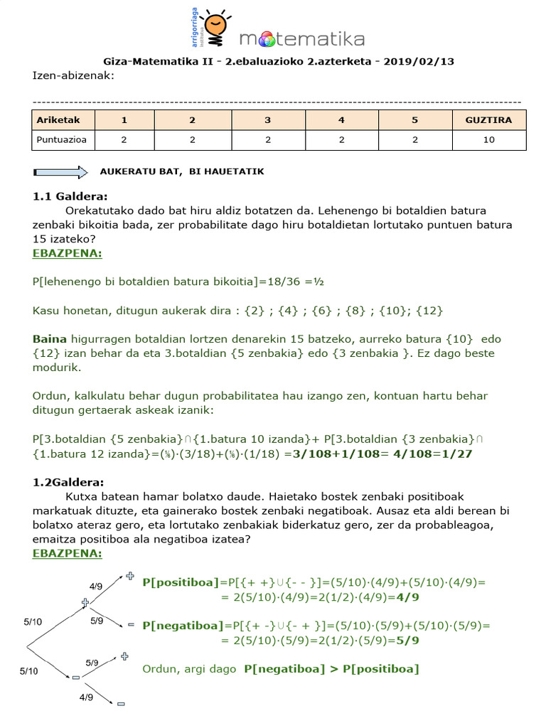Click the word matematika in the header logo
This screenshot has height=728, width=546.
tap(302, 38)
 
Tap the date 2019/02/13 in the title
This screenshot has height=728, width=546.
tap(418, 61)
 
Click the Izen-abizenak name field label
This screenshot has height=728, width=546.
tap(73, 76)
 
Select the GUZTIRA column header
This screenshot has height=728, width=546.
tap(488, 120)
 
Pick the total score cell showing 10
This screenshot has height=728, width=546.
tap(488, 140)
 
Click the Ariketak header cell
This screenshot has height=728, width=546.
tap(63, 120)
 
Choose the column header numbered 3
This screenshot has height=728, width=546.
tap(267, 120)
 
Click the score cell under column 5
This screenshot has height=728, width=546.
tap(414, 140)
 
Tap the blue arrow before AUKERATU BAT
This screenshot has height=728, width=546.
tap(60, 172)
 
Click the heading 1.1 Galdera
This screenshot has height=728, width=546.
tap(70, 196)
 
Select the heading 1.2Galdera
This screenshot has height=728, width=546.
tap(68, 482)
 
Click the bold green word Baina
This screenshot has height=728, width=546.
tap(49, 338)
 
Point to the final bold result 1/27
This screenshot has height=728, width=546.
tap(459, 453)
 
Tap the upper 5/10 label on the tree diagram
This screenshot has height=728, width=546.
tap(33, 621)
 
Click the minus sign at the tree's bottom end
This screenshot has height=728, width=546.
tap(121, 704)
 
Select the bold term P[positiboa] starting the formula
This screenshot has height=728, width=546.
tap(181, 582)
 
